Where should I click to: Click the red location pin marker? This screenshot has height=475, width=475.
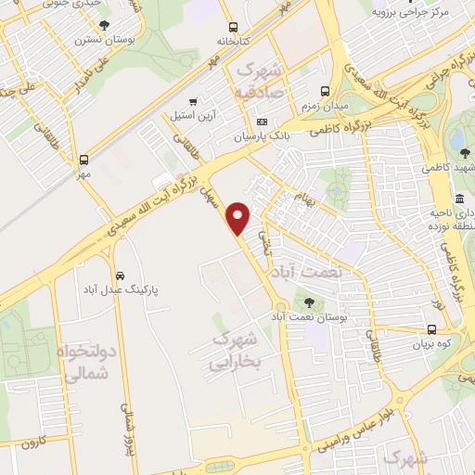coord(239,218)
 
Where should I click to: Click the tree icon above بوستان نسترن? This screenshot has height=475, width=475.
coord(102,25)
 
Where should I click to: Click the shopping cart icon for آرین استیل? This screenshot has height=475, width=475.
coord(192,102)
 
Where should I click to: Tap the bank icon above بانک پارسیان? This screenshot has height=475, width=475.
coord(262,122)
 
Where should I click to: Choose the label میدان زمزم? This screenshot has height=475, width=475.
coord(324,107)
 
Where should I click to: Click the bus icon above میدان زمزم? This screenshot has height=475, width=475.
coord(325,91)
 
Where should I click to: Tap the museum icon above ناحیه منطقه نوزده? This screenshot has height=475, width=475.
coord(460,200)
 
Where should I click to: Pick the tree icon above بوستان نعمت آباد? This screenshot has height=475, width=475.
coord(309,302)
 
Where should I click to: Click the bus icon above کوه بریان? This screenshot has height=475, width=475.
coord(432,329)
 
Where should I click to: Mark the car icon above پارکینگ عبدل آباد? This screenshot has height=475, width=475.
coord(121,276)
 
